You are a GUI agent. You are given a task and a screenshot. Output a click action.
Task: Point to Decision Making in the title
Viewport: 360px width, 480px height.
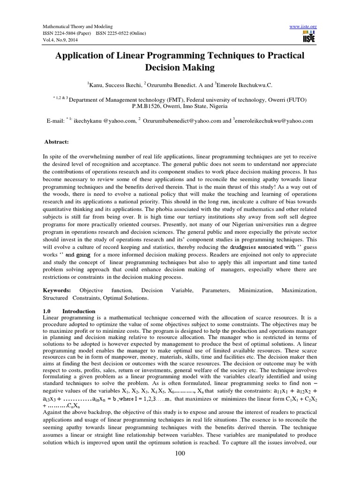tap(180, 67)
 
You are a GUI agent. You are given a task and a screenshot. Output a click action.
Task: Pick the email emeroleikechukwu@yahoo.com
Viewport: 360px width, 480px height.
tap(274, 120)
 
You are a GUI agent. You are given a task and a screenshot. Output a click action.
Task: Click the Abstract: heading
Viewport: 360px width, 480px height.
tap(56, 141)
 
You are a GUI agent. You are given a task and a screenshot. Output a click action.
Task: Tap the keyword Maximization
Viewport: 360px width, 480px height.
tap(299, 291)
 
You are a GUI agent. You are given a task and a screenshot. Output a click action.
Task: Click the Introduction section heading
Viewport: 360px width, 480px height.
tap(79, 311)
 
